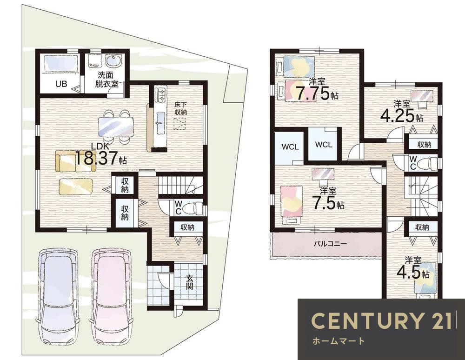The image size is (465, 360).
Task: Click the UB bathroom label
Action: coord(61,84)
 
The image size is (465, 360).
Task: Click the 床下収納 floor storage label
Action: coord(180,108)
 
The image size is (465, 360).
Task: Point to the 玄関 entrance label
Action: coord(190,282)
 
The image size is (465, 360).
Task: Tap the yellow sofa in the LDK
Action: coord(76,161)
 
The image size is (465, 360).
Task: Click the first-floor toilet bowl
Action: coord(192,208)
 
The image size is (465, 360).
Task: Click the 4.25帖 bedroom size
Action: coord(402,116)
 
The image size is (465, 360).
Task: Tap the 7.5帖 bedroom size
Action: coord(327,203)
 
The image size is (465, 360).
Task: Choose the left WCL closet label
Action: coord(290,147)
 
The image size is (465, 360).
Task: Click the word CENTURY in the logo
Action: coord(367,320)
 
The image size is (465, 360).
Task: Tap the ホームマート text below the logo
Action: coord(339,341)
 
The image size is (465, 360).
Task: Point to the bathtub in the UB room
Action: coord(61,63)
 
